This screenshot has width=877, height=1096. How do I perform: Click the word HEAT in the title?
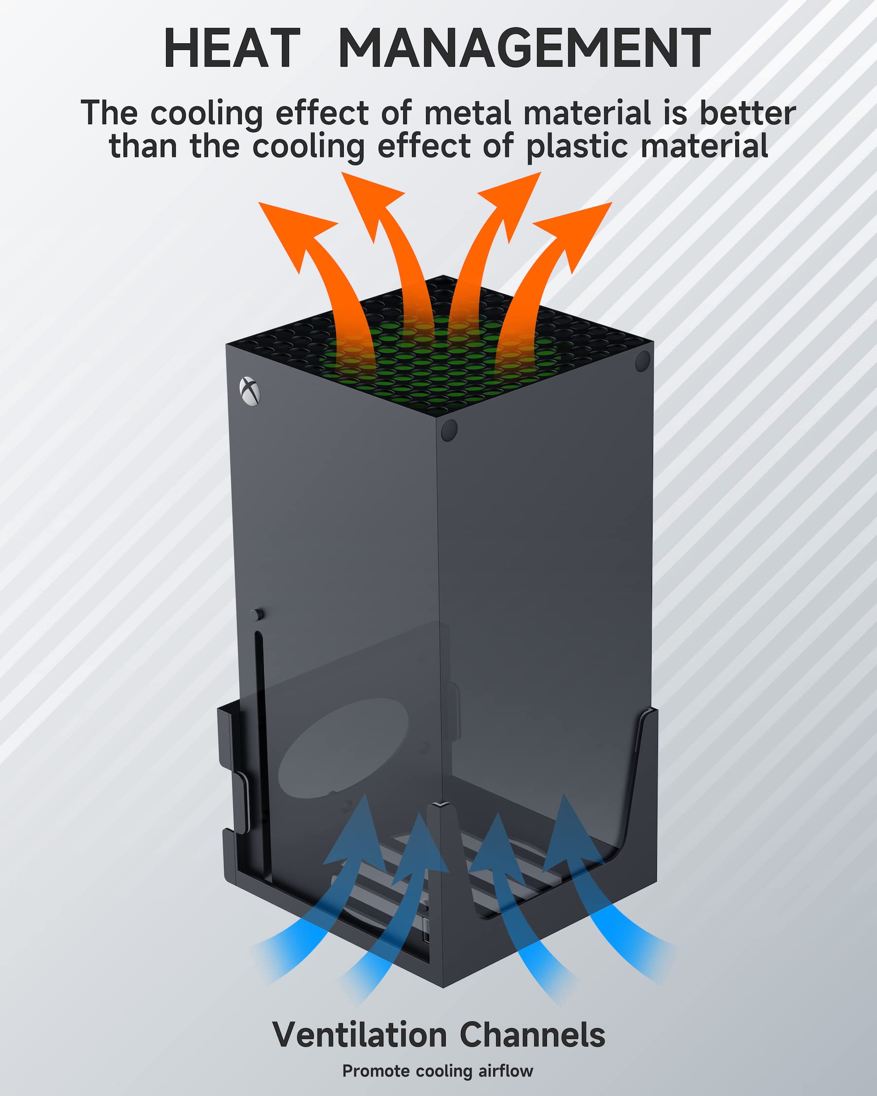click(232, 47)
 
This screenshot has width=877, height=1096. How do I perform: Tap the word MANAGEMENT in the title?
click(524, 47)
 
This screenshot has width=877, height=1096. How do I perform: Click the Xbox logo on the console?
click(249, 392)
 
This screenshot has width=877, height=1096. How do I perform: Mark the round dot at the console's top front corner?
click(449, 430)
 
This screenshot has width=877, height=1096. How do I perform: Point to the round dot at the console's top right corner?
click(643, 361)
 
